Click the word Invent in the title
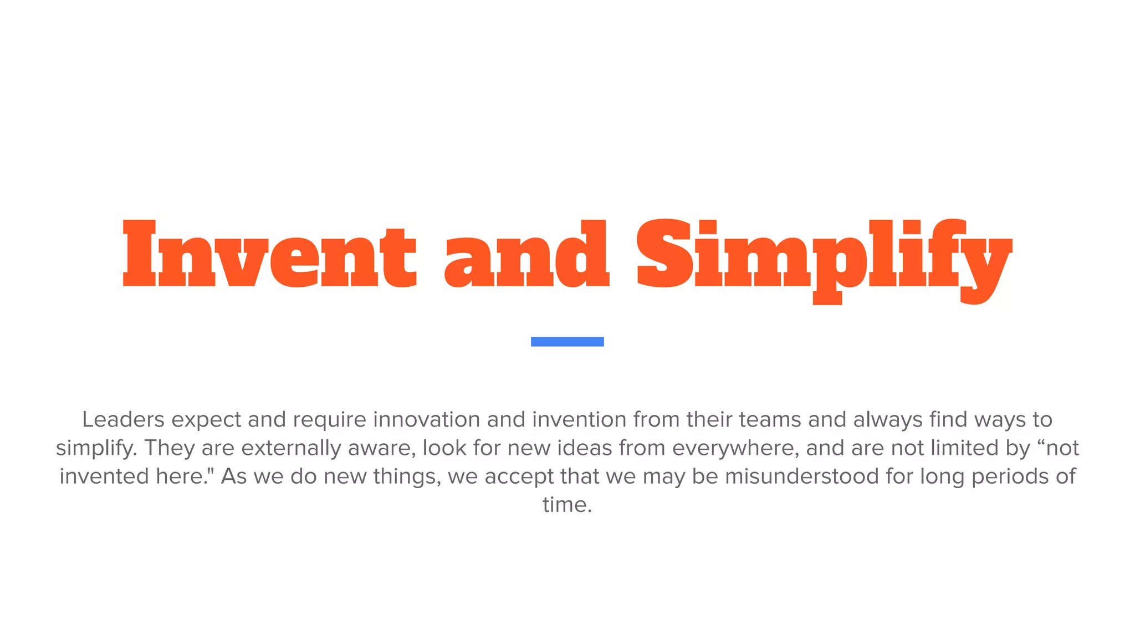(x=269, y=254)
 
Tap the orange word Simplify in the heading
(x=824, y=255)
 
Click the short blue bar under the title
(x=567, y=342)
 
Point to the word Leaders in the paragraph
(x=123, y=419)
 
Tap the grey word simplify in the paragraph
(x=95, y=448)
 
